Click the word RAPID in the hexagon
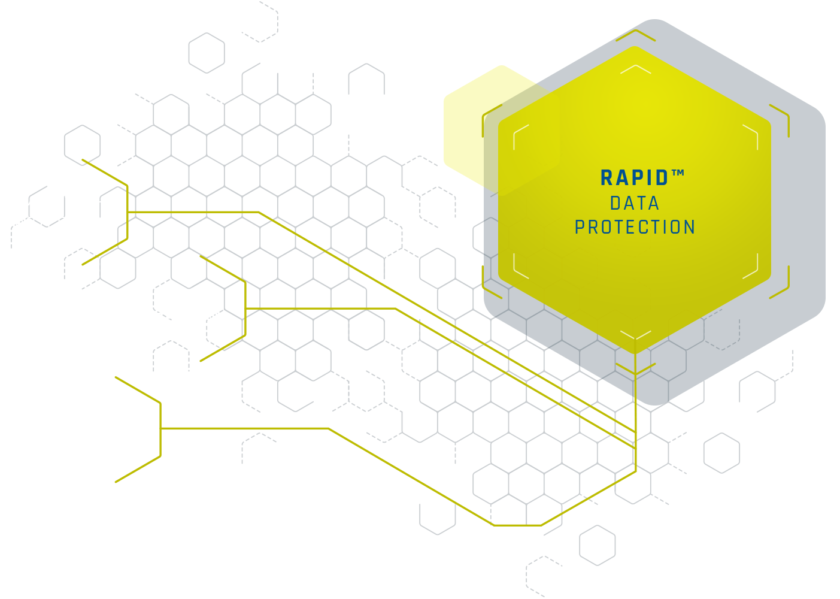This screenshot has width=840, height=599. [x=634, y=179]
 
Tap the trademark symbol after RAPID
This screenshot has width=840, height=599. [x=678, y=174]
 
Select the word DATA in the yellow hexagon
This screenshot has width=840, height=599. [x=635, y=204]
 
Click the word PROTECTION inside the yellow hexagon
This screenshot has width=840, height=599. [x=635, y=228]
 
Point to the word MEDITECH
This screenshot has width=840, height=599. [x=65, y=202]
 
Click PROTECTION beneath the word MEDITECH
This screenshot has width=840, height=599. [x=56, y=223]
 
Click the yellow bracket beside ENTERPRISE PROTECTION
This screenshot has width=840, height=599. [x=245, y=308]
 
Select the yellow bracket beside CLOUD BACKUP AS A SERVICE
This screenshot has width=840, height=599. [x=160, y=429]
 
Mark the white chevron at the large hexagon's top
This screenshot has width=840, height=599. [x=635, y=68]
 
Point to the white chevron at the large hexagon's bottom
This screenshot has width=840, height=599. [x=635, y=334]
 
